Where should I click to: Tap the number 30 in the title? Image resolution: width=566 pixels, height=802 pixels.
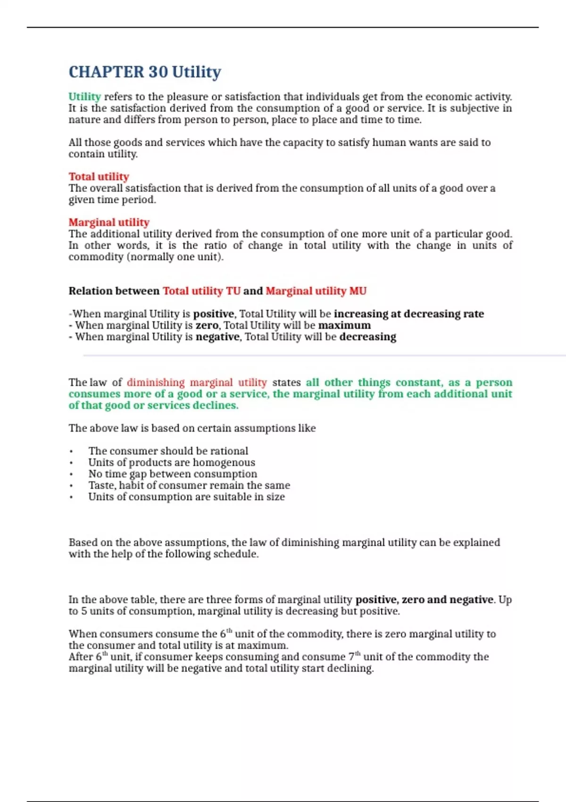158,72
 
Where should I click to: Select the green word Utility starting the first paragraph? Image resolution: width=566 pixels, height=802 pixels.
84,97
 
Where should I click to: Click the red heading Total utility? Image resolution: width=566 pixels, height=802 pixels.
99,176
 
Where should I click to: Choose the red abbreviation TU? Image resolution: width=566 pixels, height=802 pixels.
233,291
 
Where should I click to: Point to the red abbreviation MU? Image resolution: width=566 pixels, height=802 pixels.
358,291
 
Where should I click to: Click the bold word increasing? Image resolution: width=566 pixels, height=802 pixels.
361,314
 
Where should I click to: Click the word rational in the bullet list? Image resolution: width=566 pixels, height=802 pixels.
229,451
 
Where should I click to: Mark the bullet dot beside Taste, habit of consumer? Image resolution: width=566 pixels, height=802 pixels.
71,485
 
